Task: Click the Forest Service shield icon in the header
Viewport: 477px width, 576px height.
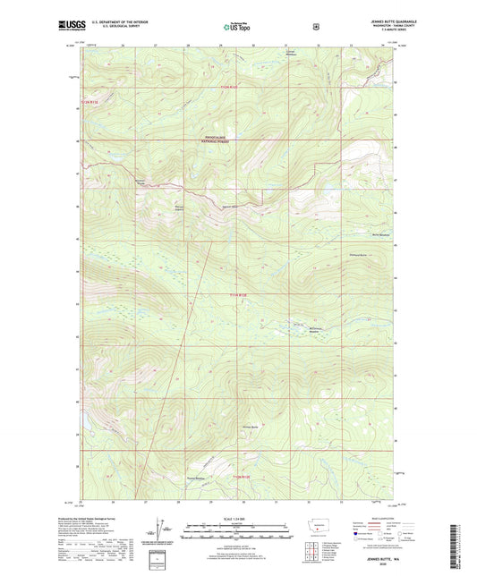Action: pyautogui.click(x=315, y=27)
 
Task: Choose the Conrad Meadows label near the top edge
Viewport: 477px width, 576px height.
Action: pyautogui.click(x=289, y=54)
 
